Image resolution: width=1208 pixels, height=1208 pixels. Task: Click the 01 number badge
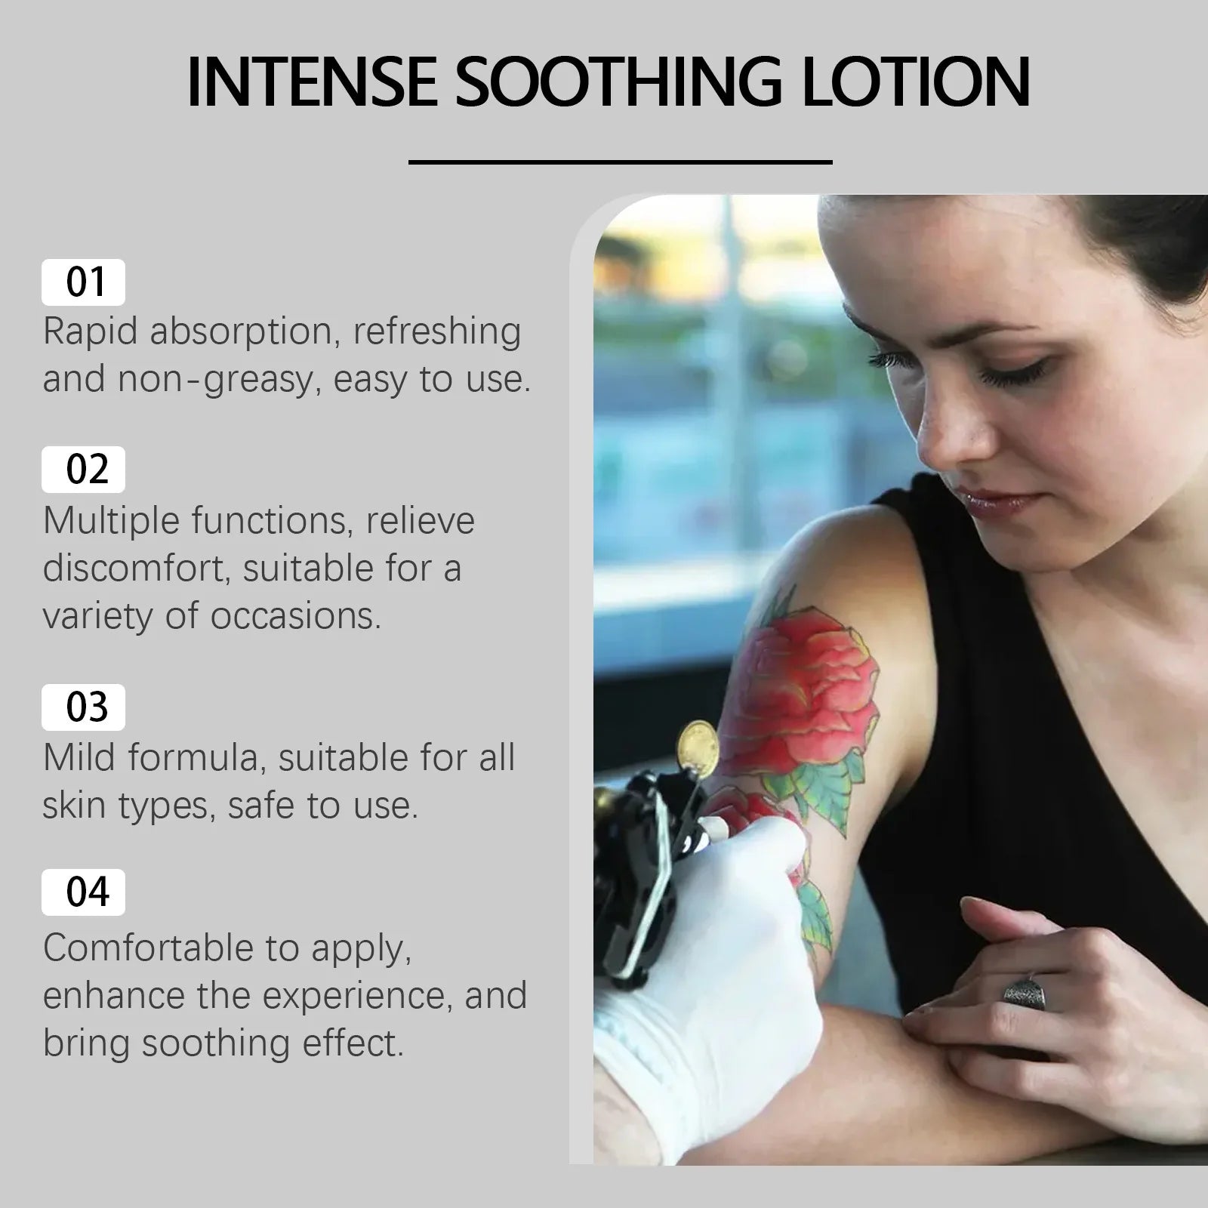tap(83, 282)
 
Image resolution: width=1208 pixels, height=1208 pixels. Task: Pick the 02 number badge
tap(83, 470)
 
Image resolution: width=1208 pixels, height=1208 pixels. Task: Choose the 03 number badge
tap(83, 707)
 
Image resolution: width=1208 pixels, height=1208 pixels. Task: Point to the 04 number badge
tap(83, 892)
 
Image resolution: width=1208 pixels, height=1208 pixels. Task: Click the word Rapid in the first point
tap(89, 333)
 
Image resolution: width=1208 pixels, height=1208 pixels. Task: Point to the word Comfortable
tap(149, 948)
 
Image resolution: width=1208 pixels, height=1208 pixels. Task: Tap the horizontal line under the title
tap(620, 162)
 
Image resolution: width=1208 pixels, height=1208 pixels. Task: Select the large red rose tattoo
tap(808, 691)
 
